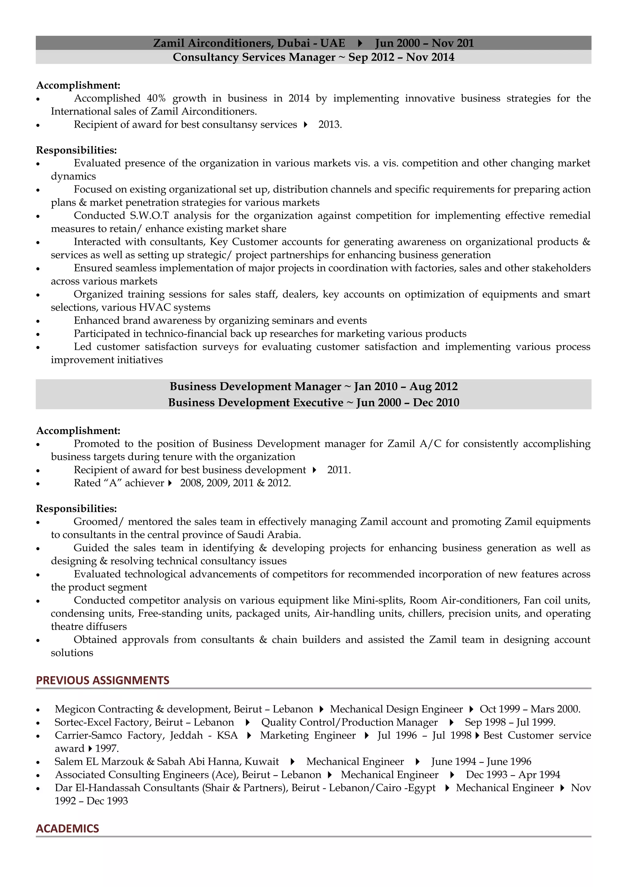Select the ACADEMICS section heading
pyautogui.click(x=68, y=828)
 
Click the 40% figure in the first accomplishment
pyautogui.click(x=156, y=99)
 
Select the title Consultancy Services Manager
pyautogui.click(x=254, y=57)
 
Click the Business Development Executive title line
pyautogui.click(x=313, y=402)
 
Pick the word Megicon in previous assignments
pyautogui.click(x=75, y=709)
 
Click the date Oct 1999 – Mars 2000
pyautogui.click(x=530, y=709)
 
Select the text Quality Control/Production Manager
pyautogui.click(x=349, y=722)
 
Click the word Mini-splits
pyautogui.click(x=378, y=600)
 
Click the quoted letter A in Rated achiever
pyautogui.click(x=113, y=483)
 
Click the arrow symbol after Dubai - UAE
pyautogui.click(x=360, y=43)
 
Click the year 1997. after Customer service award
pyautogui.click(x=107, y=748)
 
